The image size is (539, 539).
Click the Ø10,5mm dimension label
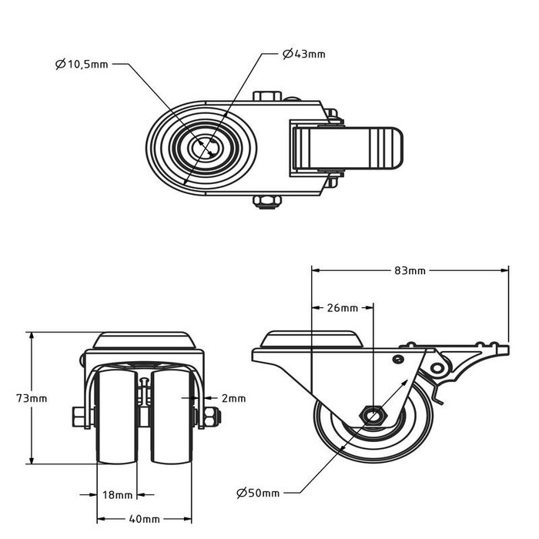click(82, 65)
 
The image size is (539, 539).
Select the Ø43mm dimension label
click(303, 54)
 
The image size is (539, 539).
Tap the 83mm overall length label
click(409, 270)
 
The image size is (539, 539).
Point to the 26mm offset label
click(342, 308)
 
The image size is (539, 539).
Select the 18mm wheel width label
click(119, 494)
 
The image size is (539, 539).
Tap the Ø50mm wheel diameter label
click(258, 492)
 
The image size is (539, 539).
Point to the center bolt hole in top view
click(206, 147)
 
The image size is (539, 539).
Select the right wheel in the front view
click(171, 416)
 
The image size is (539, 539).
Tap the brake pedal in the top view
click(377, 146)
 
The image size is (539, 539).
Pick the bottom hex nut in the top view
click(266, 202)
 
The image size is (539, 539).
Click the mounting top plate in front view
click(144, 341)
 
